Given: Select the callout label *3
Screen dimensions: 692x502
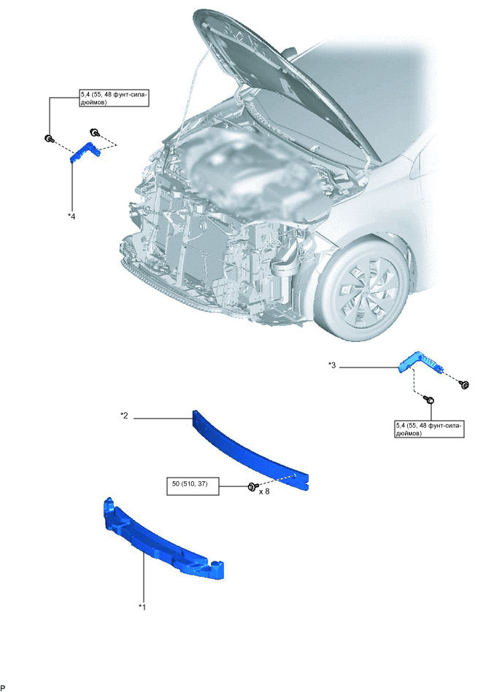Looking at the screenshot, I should tap(333, 366).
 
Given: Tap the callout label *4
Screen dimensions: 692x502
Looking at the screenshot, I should tap(71, 215).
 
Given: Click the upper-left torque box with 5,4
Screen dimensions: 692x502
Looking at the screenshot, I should tap(114, 98).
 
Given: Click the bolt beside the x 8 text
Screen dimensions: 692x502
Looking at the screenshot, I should tap(252, 486).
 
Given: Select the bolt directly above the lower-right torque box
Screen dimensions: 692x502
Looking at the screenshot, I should tap(430, 400).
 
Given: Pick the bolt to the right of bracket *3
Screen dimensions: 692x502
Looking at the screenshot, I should tap(465, 384).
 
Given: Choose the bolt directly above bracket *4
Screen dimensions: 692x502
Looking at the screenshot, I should tap(94, 132).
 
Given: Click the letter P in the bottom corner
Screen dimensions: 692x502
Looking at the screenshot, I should tap(4, 687).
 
